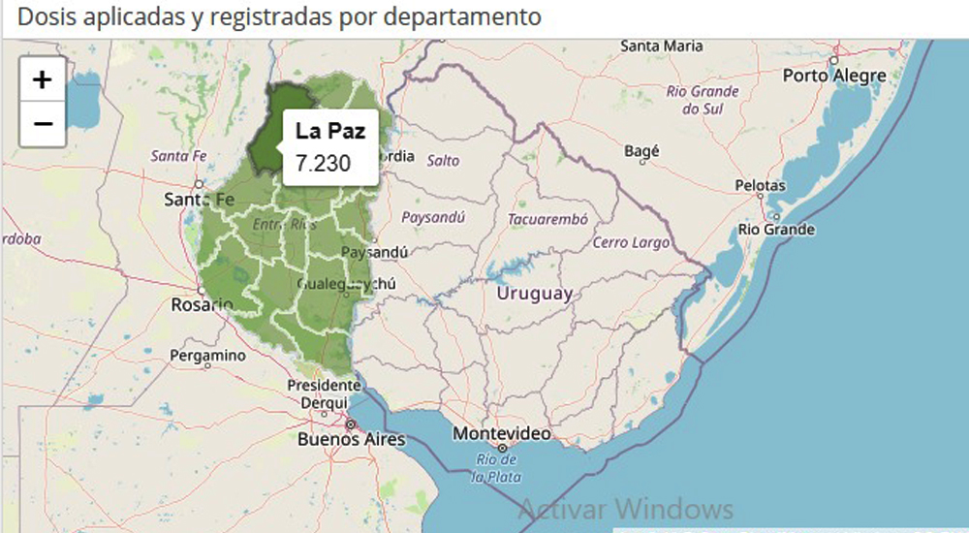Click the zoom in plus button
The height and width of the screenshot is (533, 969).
pyautogui.click(x=43, y=79)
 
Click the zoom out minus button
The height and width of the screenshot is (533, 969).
pyautogui.click(x=43, y=124)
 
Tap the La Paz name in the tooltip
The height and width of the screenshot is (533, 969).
pyautogui.click(x=330, y=132)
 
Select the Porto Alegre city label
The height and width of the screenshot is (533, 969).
pyautogui.click(x=834, y=76)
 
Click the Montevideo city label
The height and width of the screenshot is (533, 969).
pyautogui.click(x=502, y=432)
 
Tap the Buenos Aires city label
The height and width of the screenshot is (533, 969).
pyautogui.click(x=351, y=439)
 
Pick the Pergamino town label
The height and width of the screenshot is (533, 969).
pyautogui.click(x=207, y=356)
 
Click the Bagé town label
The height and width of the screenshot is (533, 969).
pyautogui.click(x=641, y=151)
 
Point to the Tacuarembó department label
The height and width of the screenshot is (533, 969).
pyautogui.click(x=547, y=219)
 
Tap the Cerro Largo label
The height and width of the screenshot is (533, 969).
pyautogui.click(x=632, y=242)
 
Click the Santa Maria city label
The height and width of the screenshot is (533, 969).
pyautogui.click(x=661, y=46)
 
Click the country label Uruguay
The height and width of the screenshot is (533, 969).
pyautogui.click(x=534, y=294)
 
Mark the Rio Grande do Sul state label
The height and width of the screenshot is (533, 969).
pyautogui.click(x=703, y=100)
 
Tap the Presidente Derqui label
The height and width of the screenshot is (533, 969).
pyautogui.click(x=324, y=393)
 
